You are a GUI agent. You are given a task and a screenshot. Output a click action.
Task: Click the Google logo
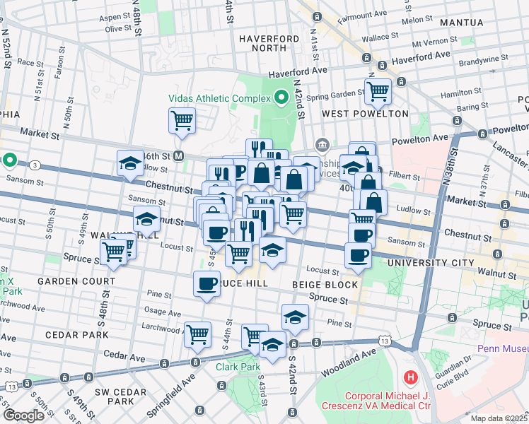(x=23, y=416)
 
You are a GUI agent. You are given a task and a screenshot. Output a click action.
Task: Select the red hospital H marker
(x=409, y=377)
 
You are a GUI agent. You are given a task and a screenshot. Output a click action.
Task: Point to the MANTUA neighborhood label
(x=461, y=23)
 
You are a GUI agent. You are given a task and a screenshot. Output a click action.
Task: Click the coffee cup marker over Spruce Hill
(x=207, y=284)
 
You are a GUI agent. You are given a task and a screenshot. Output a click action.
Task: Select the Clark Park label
(x=236, y=366)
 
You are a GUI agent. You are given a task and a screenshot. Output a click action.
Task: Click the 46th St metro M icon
(x=179, y=155)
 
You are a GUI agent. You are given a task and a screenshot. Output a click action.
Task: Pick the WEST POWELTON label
(x=365, y=114)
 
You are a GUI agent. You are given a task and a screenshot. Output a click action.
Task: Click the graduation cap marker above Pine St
(x=295, y=317)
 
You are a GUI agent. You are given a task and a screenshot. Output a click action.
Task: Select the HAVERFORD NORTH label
(x=263, y=43)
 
